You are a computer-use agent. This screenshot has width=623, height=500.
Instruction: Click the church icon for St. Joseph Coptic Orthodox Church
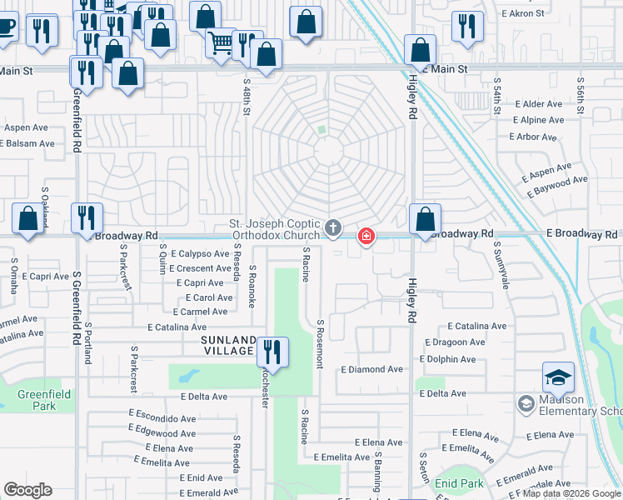click(333, 228)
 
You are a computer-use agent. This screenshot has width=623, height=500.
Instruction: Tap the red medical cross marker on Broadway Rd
click(366, 237)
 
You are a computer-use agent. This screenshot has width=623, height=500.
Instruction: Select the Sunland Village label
click(227, 345)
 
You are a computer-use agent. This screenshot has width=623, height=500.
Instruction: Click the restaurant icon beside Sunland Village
click(272, 351)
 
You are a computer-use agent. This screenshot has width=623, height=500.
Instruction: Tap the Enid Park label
click(459, 482)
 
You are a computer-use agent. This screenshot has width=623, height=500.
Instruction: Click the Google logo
click(27, 490)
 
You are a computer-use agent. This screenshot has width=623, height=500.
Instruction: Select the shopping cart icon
click(221, 42)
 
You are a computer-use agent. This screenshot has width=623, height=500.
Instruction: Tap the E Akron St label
click(523, 13)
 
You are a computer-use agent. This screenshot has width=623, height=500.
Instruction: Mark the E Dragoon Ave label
click(454, 342)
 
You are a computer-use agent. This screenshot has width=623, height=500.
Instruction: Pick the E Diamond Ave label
click(371, 369)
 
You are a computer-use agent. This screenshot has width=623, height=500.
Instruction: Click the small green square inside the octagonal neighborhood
click(321, 130)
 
